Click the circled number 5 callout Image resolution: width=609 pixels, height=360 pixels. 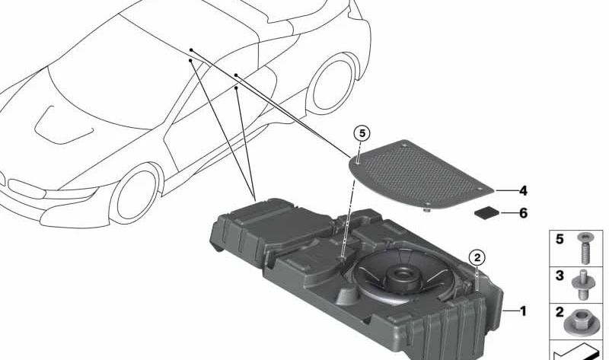(362, 134)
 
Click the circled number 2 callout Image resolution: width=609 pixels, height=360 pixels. (477, 257)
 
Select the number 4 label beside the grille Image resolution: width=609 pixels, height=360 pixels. (523, 191)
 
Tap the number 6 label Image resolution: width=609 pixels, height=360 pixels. (523, 213)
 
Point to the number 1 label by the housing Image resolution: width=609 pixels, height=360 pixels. (523, 311)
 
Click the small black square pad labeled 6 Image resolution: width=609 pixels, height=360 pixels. (487, 213)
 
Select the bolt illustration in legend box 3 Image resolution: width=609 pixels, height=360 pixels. (581, 285)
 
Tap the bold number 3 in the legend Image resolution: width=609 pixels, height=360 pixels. (560, 276)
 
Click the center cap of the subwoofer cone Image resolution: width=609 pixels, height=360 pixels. (401, 276)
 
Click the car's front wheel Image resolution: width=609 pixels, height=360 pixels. (136, 194)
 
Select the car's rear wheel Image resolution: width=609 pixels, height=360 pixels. (332, 84)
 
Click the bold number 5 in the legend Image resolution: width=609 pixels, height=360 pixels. (560, 239)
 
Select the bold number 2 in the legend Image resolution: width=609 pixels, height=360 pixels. (560, 312)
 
